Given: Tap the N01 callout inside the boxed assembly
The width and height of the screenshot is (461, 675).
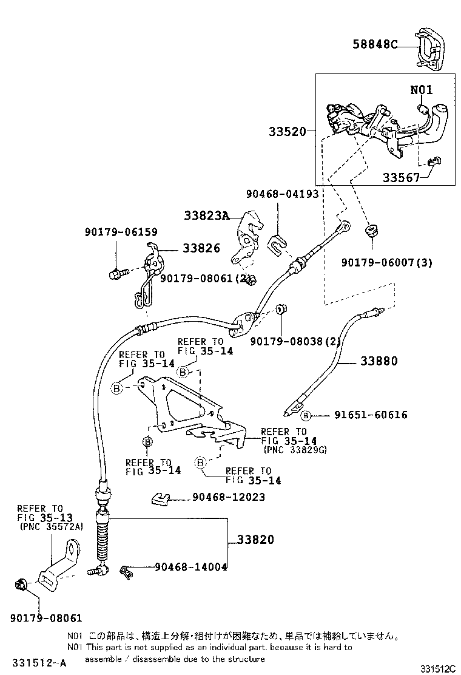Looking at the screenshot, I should [x=422, y=90].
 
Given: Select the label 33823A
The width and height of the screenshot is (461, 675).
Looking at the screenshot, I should [x=207, y=215].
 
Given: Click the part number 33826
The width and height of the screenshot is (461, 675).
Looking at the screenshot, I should [x=201, y=248].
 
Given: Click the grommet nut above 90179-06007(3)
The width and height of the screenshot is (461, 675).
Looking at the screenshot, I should [x=371, y=231].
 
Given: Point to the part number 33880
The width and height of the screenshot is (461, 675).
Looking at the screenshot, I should [x=379, y=361].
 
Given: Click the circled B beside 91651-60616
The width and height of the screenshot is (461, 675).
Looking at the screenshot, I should [x=306, y=415].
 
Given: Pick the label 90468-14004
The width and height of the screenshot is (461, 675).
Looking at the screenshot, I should [x=190, y=567].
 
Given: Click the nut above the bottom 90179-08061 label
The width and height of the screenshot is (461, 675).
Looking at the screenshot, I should [x=21, y=585].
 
